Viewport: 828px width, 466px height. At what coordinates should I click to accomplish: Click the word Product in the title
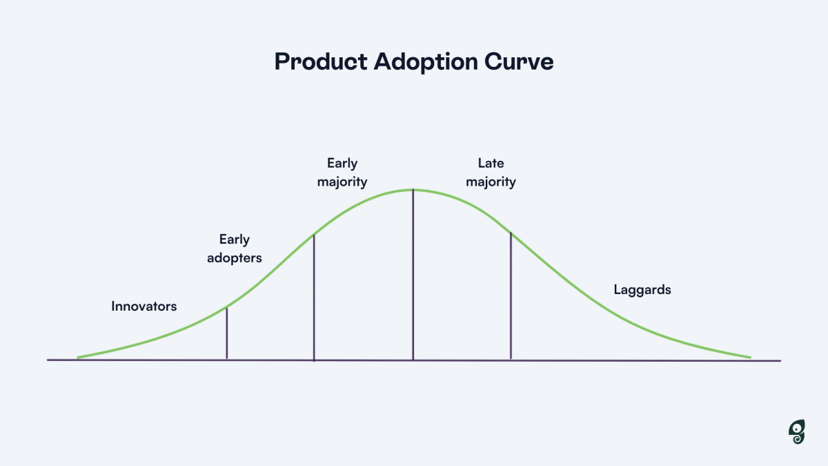(321, 61)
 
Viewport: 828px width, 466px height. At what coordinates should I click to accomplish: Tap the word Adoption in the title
(426, 61)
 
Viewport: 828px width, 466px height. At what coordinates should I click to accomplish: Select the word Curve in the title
(519, 61)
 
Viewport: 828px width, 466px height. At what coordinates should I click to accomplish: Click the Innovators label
(144, 307)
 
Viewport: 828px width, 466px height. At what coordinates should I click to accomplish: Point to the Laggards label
(642, 290)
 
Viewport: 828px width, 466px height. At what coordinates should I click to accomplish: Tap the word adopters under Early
(235, 258)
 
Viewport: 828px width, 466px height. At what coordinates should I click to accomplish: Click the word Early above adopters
(235, 240)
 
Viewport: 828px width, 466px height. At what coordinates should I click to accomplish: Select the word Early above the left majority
(342, 164)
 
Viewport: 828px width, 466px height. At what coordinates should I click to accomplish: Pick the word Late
(491, 163)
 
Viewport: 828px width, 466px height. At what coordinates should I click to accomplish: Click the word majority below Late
(491, 182)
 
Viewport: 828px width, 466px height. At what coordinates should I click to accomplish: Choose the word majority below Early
(342, 182)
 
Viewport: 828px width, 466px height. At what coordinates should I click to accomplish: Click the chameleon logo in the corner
(796, 431)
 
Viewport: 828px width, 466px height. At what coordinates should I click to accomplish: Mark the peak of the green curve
(413, 190)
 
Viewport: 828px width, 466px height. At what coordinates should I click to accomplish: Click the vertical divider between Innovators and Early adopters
(227, 333)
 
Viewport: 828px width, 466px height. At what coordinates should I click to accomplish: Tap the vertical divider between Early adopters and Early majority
(314, 298)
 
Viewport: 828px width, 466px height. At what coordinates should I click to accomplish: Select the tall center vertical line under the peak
(413, 275)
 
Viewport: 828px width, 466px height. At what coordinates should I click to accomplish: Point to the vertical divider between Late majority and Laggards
(511, 296)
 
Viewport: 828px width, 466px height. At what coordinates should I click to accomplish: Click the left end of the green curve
(77, 358)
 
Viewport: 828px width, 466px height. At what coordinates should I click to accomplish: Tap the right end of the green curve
(751, 358)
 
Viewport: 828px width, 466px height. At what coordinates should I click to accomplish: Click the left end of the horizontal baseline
(48, 360)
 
